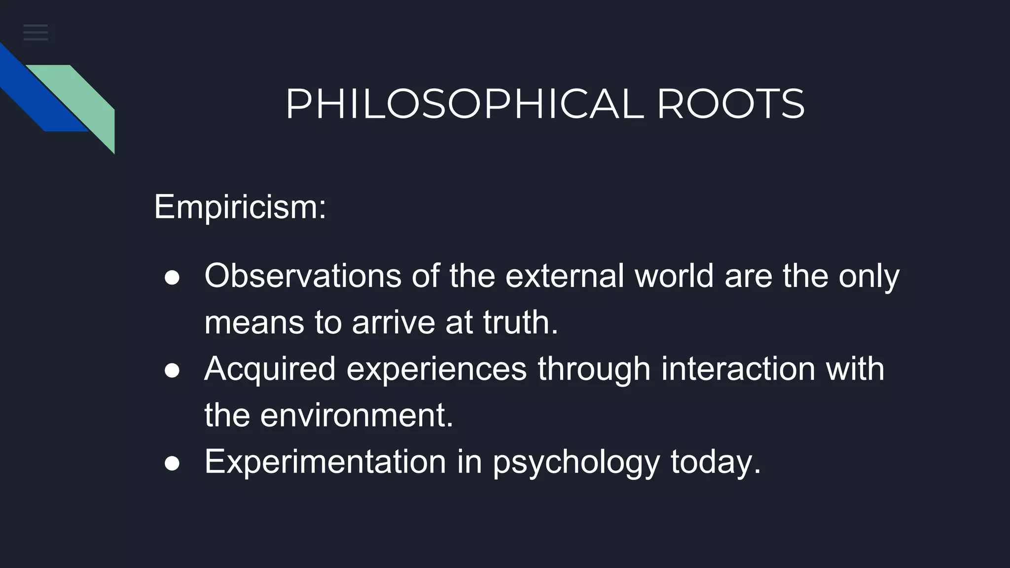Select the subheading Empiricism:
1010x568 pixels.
coord(240,207)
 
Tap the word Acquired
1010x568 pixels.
coord(270,369)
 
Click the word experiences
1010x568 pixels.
coord(436,369)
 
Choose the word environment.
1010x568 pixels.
coord(356,415)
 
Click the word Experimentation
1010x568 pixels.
coord(325,461)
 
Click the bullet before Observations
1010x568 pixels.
coord(172,278)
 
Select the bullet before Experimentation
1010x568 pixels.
coord(172,463)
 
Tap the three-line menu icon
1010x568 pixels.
coord(36,33)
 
